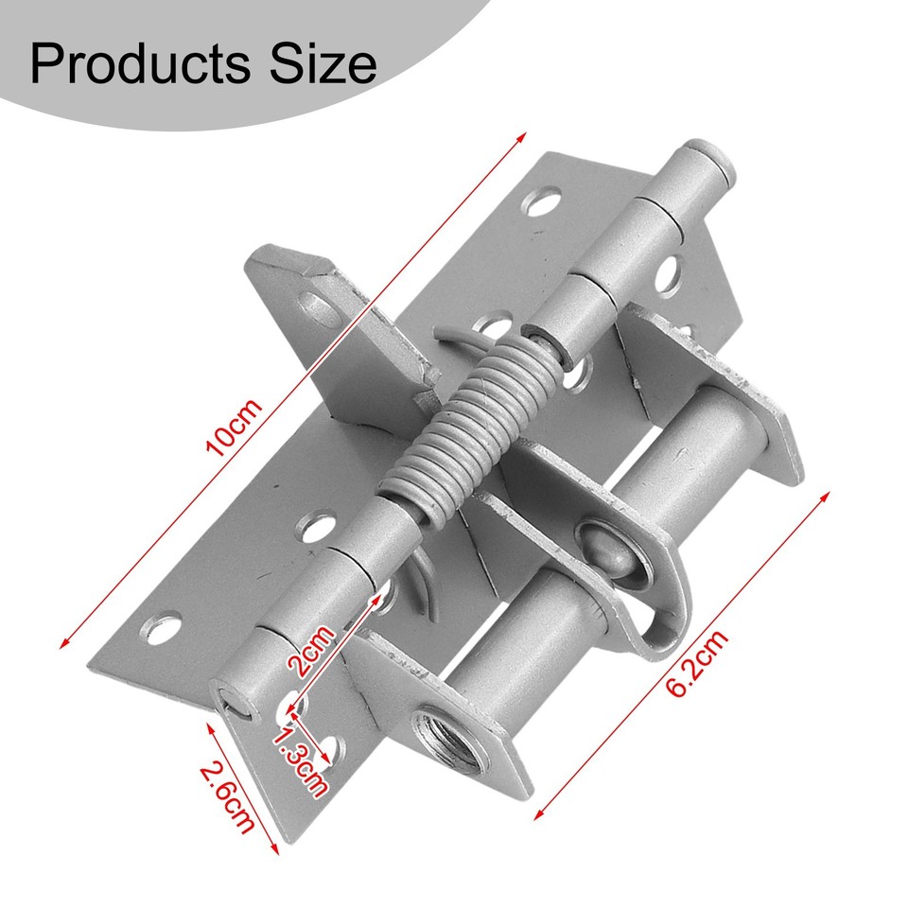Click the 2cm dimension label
point(311,652)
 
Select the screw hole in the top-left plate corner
point(542,201)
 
